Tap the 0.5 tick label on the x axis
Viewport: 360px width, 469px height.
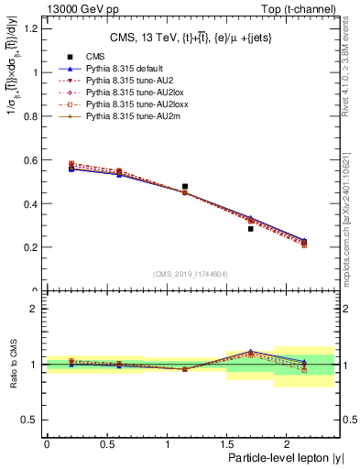pyautogui.click(x=106, y=444)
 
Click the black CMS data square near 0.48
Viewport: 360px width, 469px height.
pyautogui.click(x=185, y=187)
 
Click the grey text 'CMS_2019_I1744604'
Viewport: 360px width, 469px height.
pyautogui.click(x=191, y=274)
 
